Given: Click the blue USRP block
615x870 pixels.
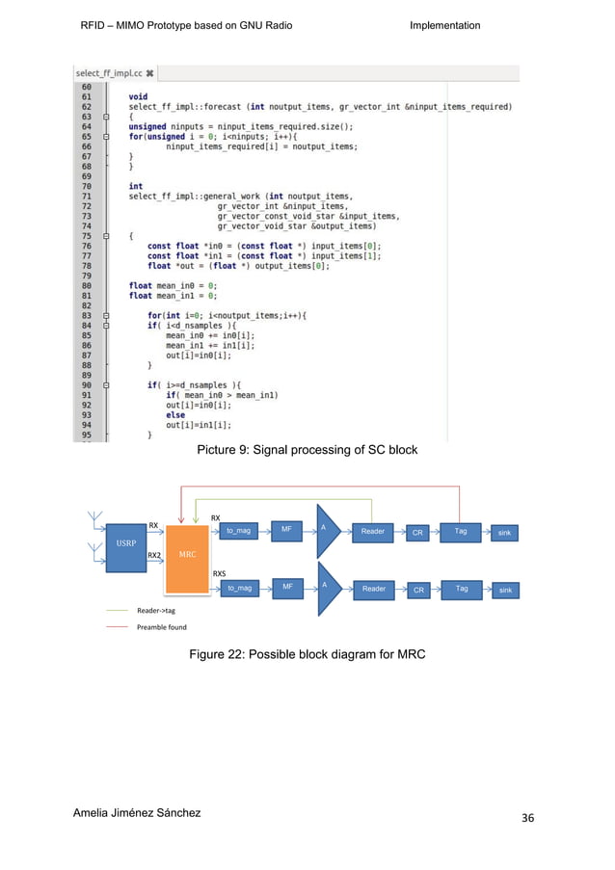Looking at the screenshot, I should click(x=126, y=543).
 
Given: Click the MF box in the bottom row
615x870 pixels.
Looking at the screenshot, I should click(x=286, y=587).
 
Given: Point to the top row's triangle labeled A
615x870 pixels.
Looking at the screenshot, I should click(x=327, y=530).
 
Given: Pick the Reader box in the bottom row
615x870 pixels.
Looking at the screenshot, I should click(x=373, y=589).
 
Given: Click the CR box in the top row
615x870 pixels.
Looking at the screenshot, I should click(x=417, y=532).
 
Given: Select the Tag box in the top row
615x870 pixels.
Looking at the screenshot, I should click(x=462, y=530).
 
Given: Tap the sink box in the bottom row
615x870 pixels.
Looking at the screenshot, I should click(x=506, y=589).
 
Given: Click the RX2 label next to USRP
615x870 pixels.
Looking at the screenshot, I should click(x=154, y=556).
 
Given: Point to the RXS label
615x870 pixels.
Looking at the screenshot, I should click(x=219, y=572).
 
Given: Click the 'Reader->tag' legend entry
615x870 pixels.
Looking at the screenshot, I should click(x=155, y=610).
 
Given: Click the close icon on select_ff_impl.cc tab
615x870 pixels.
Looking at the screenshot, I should click(x=150, y=73).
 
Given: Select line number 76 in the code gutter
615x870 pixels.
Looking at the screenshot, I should click(x=87, y=246).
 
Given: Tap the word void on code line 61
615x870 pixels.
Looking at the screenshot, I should click(x=138, y=96).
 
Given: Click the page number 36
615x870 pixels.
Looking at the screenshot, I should click(x=528, y=818).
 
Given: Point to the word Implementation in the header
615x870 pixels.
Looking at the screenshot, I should click(x=444, y=25).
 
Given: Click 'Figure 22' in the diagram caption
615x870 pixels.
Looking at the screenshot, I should click(x=217, y=656).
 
